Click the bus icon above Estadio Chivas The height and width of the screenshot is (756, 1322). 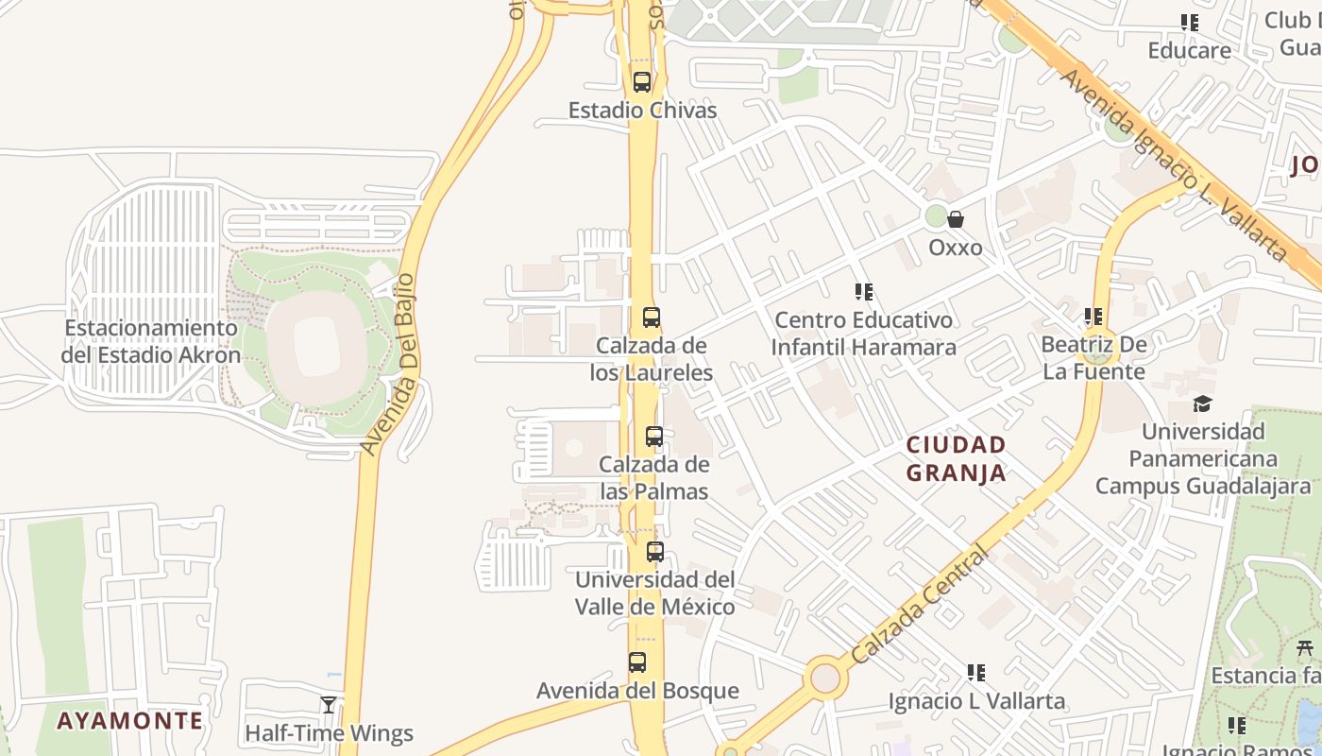tap(642, 82)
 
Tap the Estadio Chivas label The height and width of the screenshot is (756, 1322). tap(642, 111)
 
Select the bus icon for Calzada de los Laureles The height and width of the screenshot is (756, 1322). tap(651, 318)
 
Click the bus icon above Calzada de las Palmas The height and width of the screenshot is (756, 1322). tap(653, 437)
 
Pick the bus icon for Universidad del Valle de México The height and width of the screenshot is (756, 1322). tap(654, 552)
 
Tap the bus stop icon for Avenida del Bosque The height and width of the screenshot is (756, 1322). tap(637, 662)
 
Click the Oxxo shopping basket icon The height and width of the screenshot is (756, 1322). tap(956, 219)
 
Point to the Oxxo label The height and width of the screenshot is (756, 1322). tap(956, 248)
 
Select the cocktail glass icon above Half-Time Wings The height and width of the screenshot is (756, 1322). tap(329, 704)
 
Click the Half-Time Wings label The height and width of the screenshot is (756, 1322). tap(329, 733)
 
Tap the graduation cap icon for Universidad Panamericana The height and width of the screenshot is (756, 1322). tap(1202, 404)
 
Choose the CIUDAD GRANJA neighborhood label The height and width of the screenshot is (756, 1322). tap(957, 458)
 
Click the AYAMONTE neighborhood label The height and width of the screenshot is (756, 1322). tap(129, 721)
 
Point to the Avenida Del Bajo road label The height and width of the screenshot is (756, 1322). tap(389, 365)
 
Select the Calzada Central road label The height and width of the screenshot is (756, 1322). tap(920, 605)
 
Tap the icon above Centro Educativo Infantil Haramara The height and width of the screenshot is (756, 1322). tap(863, 292)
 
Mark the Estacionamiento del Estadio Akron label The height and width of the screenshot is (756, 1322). tap(151, 341)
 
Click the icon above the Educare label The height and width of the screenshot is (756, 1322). tap(1189, 23)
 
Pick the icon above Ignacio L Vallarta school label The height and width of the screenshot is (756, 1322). tap(976, 673)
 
